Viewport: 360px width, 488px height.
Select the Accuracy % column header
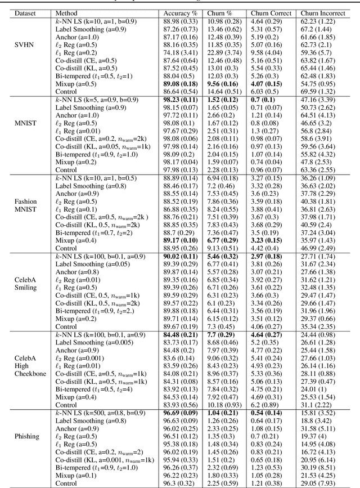click(x=178, y=12)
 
